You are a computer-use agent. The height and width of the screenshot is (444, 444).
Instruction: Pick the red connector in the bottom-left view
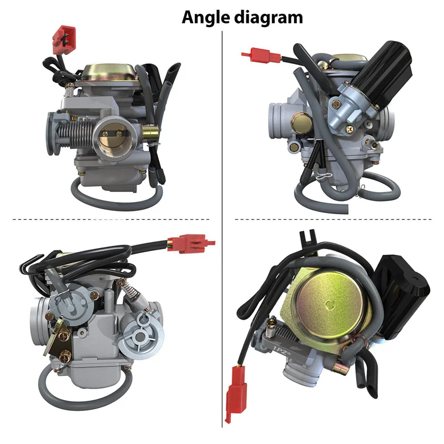click(x=190, y=243)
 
